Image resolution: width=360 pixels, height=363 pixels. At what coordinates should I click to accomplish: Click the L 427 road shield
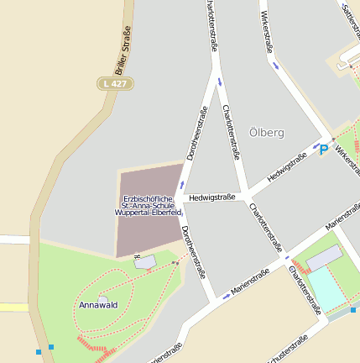click(114, 84)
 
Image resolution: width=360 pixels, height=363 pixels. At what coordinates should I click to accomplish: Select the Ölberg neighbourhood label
click(267, 133)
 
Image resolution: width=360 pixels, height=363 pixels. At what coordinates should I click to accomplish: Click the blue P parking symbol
click(324, 150)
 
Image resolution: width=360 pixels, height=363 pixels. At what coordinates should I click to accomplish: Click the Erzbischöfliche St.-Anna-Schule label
click(149, 206)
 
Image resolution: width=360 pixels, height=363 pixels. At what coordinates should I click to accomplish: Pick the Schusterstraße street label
click(283, 350)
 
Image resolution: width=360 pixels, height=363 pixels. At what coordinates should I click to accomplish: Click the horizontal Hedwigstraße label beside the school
click(211, 198)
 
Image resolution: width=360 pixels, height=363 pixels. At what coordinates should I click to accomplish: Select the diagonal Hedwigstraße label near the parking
click(288, 168)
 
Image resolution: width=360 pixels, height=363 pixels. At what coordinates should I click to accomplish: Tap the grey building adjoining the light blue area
click(324, 258)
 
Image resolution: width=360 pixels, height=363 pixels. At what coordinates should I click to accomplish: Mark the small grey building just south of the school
click(145, 262)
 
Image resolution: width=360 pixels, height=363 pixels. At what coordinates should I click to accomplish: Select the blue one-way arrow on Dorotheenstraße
click(181, 184)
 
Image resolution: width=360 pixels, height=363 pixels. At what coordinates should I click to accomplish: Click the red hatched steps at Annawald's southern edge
click(93, 345)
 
